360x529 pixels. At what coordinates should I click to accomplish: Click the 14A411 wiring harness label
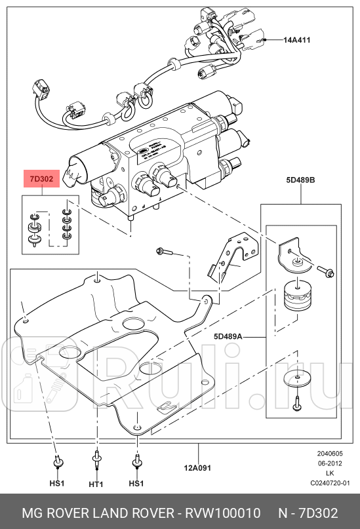(x=296, y=40)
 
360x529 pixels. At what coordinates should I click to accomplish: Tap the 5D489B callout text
(x=300, y=179)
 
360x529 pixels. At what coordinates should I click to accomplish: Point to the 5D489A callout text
(x=228, y=336)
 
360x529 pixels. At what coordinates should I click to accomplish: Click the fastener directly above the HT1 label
(x=97, y=460)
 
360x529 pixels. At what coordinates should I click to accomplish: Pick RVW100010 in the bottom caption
(x=223, y=511)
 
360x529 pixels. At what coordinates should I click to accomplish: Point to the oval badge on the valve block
(x=139, y=153)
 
